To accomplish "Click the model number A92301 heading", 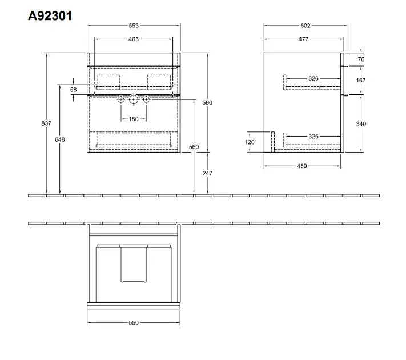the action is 50,16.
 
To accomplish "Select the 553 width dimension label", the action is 134,26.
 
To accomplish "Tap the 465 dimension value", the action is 134,39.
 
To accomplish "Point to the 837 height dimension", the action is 46,123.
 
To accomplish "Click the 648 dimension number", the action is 60,139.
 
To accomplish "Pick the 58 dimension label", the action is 74,90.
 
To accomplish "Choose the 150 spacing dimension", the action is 134,119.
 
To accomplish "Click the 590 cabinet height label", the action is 207,103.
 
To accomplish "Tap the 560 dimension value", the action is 194,147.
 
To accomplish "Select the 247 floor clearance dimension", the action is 207,173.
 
